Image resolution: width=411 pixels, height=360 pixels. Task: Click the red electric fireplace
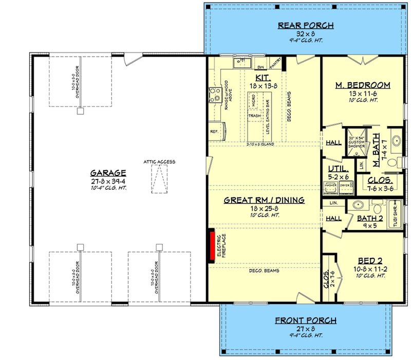(211, 246)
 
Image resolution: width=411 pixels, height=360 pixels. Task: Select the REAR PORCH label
(306, 26)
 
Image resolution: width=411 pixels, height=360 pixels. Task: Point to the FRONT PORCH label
(306, 320)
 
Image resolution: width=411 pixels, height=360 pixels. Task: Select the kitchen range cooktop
(214, 95)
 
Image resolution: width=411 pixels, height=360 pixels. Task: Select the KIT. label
(263, 78)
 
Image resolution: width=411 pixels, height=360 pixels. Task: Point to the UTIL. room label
(338, 169)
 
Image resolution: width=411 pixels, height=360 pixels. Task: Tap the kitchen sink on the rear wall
(240, 63)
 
